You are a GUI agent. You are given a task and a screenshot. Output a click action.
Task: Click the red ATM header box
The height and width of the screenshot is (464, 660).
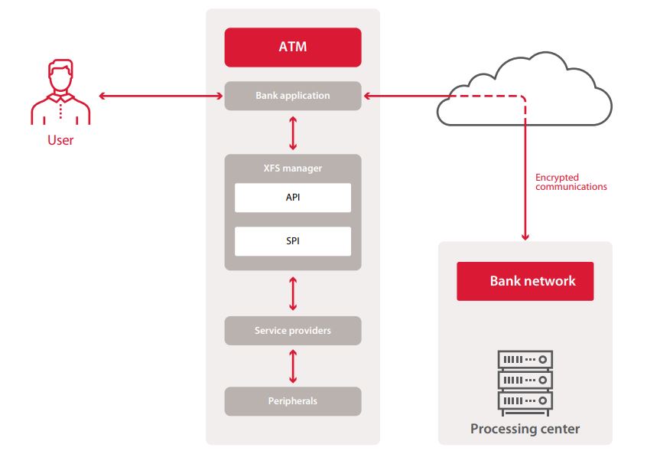point(292,47)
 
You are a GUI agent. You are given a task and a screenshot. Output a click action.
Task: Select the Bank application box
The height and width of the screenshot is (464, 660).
point(292,96)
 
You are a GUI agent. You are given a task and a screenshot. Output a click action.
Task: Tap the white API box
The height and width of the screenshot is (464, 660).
point(292,198)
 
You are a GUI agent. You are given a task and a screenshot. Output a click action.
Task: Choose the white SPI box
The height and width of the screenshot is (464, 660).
point(292,241)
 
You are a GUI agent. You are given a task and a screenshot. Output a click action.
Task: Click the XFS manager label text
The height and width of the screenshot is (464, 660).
point(292,168)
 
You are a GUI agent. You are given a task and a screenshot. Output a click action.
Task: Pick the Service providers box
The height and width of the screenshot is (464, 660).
point(292,331)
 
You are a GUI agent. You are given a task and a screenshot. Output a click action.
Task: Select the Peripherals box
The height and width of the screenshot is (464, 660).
point(292,400)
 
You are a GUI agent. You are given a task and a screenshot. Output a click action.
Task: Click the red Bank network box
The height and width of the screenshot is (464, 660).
point(525,281)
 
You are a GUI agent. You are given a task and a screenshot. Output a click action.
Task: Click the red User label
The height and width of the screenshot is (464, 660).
point(60,141)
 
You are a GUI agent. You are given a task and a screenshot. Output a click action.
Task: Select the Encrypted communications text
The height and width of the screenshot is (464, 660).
point(571,182)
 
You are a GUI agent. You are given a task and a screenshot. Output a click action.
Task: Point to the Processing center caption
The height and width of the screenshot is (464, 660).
point(525,429)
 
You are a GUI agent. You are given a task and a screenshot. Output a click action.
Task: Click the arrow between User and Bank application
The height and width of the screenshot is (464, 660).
point(160,96)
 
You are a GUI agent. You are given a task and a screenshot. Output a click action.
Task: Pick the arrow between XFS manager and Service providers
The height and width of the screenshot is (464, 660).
point(293,292)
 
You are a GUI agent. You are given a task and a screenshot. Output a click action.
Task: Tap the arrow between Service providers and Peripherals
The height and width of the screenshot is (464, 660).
point(293,366)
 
